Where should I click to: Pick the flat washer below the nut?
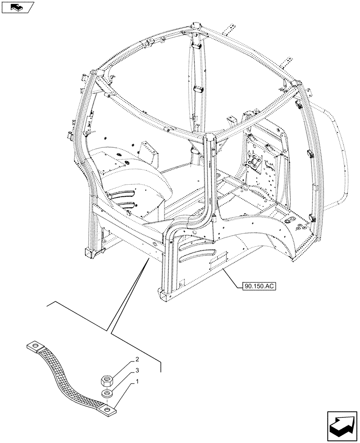pyautogui.click(x=106, y=393)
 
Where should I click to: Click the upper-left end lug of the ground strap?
pyautogui.click(x=37, y=344)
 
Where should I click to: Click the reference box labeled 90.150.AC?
pyautogui.click(x=259, y=286)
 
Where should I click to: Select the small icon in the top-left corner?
pyautogui.click(x=18, y=7)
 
